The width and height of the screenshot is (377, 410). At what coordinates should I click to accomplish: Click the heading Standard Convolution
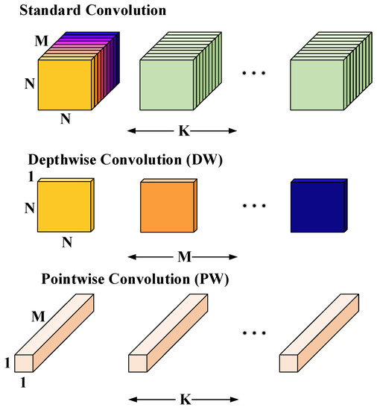(x=82, y=10)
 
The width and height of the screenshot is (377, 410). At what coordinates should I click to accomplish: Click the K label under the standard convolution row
(x=183, y=133)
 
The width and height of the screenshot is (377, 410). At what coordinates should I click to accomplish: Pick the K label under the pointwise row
(x=183, y=400)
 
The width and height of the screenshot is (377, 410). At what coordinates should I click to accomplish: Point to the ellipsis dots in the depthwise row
(x=258, y=209)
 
